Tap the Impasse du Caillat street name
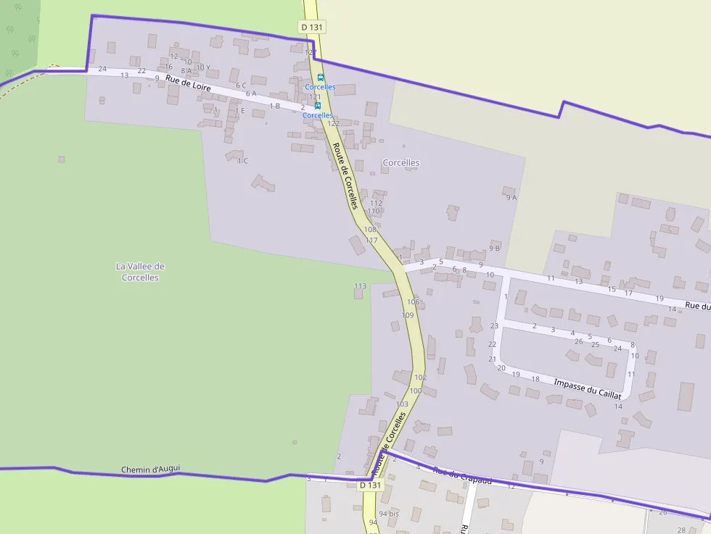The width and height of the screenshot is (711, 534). click(x=588, y=388)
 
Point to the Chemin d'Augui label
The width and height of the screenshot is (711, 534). click(x=151, y=470)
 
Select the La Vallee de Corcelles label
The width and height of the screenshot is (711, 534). click(x=140, y=272)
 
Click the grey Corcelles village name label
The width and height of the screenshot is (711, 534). click(x=401, y=163)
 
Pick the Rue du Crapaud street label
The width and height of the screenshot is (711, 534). click(x=462, y=475)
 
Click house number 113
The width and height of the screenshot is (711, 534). click(x=361, y=286)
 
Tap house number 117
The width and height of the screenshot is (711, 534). click(x=372, y=240)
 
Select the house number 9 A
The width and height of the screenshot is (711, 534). click(x=510, y=197)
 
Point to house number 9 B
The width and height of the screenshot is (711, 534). click(x=495, y=248)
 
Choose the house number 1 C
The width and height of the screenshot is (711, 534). click(x=242, y=161)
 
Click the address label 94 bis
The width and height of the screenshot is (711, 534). click(x=389, y=514)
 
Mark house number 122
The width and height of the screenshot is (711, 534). click(x=333, y=123)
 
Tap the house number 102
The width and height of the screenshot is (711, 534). click(x=420, y=377)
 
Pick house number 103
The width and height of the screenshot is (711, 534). click(x=402, y=404)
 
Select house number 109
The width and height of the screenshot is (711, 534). click(x=408, y=315)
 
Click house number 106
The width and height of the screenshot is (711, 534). click(x=413, y=301)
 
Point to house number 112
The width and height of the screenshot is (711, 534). click(x=376, y=203)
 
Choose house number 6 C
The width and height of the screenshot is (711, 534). click(x=241, y=85)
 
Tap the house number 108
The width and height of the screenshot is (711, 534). click(x=370, y=230)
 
